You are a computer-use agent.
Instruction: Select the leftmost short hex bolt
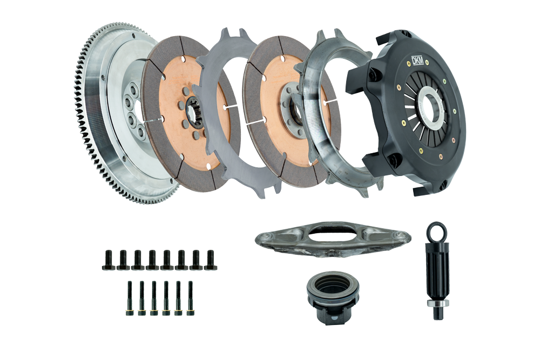click(x=107, y=260)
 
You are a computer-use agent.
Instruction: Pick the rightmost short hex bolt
click(x=211, y=260)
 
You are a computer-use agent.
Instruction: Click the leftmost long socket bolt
click(x=129, y=298)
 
